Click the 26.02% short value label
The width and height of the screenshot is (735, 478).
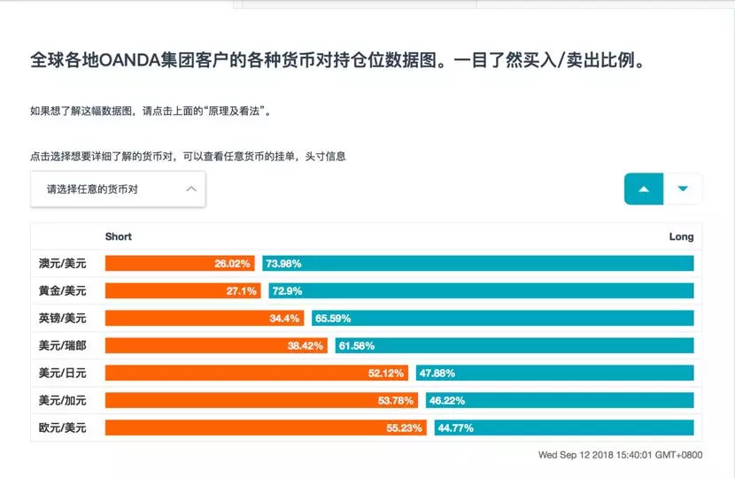pos(233,263)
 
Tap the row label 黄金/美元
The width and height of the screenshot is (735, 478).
pos(62,290)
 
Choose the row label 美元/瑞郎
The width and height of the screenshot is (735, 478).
pos(62,345)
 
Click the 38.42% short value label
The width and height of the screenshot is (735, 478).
pos(306,345)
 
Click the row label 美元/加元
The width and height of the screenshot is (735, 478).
pos(62,400)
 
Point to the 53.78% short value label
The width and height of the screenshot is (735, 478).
pos(396,400)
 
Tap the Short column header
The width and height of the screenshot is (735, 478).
pos(119,236)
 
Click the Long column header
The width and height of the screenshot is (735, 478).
pos(681,236)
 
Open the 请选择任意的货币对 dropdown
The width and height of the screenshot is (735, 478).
pos(118,189)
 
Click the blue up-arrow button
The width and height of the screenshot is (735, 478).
pos(644,189)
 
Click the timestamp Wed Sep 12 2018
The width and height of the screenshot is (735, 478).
pos(620,455)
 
